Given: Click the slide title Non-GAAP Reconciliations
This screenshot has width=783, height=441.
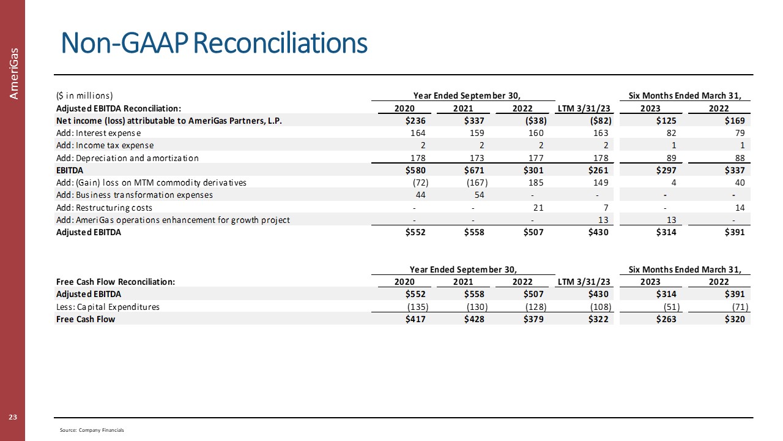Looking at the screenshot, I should (x=213, y=43).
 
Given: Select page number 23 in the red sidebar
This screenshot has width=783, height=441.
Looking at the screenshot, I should (x=12, y=418).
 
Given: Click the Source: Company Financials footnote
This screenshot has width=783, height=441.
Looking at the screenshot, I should (x=92, y=431).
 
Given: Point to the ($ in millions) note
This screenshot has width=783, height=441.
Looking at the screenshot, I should (x=84, y=96).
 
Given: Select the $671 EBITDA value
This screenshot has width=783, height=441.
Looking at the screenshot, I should (x=475, y=170).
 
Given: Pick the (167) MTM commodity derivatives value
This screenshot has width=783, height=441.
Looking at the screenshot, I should (x=477, y=183).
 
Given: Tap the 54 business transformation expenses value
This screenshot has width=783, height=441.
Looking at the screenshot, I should (x=480, y=195).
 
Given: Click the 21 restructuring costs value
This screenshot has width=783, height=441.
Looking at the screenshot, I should (x=539, y=208).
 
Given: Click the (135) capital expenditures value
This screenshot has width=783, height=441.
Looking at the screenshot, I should (x=417, y=307).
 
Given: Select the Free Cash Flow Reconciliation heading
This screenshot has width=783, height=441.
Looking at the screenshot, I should (x=116, y=282).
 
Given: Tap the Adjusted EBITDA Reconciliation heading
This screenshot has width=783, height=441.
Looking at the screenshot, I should (x=119, y=108).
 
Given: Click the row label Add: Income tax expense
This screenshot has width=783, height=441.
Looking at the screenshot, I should (x=105, y=145).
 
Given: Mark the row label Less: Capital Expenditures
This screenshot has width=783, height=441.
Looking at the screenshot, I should (x=108, y=307).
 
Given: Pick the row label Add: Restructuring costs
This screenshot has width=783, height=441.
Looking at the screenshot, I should (x=104, y=208).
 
